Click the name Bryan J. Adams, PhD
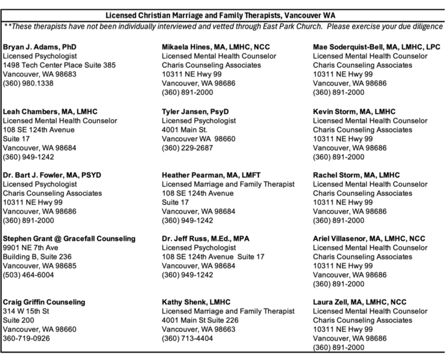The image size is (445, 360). click(x=40, y=47)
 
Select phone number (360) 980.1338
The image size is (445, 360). click(x=29, y=82)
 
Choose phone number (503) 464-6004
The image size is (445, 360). click(x=29, y=274)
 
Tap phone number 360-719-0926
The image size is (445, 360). click(x=27, y=338)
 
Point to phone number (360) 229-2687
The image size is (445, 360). click(x=187, y=147)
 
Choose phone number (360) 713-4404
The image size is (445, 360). click(x=187, y=338)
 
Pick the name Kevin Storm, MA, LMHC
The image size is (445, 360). click(x=354, y=112)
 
